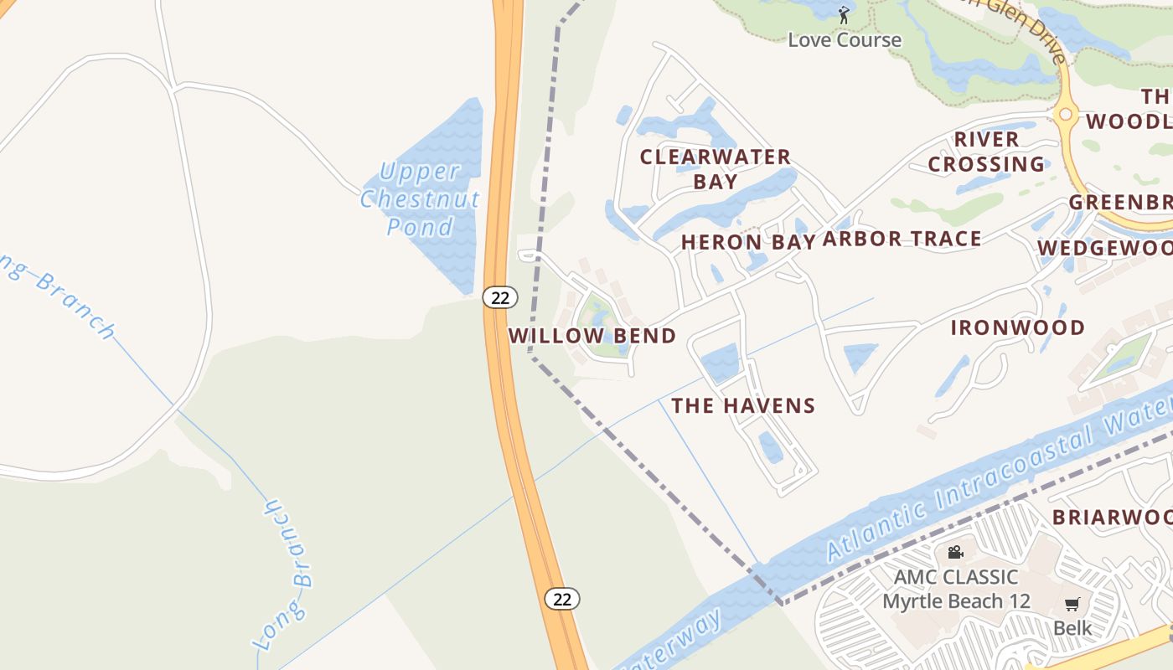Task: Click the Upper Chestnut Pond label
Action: (x=421, y=199)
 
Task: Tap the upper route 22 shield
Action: (x=500, y=297)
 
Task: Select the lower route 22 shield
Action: (x=562, y=599)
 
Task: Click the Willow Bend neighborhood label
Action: (x=592, y=336)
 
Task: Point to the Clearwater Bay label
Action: (x=716, y=169)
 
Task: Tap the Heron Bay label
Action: (x=747, y=242)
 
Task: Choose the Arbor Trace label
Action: (x=902, y=239)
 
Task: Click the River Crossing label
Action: (x=986, y=152)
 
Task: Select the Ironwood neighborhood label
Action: (x=1018, y=327)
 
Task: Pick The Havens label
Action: (x=743, y=406)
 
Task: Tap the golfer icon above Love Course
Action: (x=845, y=14)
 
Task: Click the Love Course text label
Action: (x=845, y=39)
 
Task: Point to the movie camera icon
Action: (x=955, y=553)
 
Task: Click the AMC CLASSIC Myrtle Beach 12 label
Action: (x=955, y=589)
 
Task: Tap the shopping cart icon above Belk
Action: (x=1072, y=604)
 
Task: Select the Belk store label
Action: (x=1072, y=627)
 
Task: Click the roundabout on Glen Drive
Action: (x=1066, y=114)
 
